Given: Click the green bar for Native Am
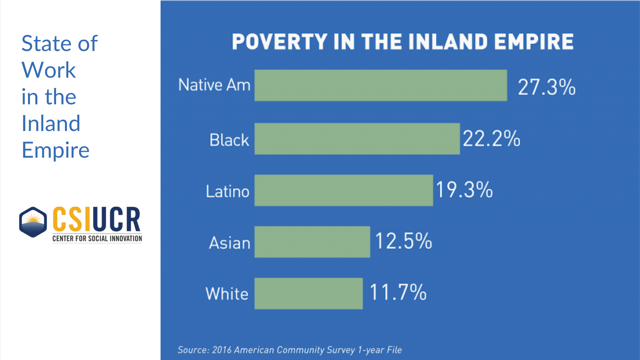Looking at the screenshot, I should click(x=381, y=85).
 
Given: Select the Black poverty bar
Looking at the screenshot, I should click(x=357, y=139).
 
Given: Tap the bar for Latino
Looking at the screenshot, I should click(x=344, y=190).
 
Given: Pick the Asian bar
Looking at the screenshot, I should click(x=312, y=242).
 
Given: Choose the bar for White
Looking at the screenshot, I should click(x=309, y=293).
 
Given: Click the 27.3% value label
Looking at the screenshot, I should click(x=547, y=87).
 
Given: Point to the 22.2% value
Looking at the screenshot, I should click(x=491, y=139).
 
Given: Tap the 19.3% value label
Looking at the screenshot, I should click(x=464, y=190).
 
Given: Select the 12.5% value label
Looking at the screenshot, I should click(x=404, y=241).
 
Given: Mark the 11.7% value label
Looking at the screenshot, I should click(x=398, y=292).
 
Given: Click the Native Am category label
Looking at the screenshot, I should click(x=214, y=85).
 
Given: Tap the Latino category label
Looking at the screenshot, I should click(x=228, y=192).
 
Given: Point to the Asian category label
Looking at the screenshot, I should click(x=230, y=243).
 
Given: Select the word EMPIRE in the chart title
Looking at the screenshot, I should click(x=534, y=42).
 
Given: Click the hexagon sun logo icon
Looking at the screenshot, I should click(x=33, y=222).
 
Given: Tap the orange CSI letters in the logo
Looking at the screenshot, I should click(x=71, y=219).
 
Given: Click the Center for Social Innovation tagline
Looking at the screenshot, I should click(x=97, y=239).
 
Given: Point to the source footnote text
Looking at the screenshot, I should click(x=290, y=350).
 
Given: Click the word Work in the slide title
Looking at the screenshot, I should click(x=49, y=70).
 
